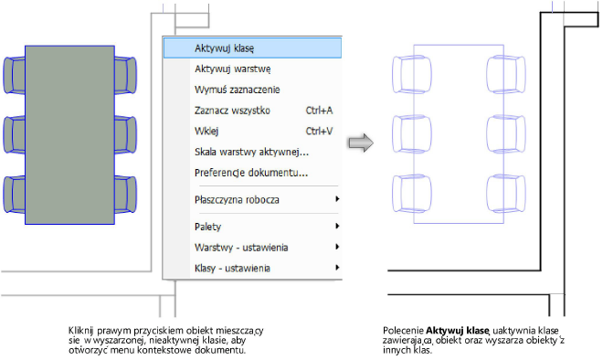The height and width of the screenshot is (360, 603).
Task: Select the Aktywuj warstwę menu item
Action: click(x=232, y=69)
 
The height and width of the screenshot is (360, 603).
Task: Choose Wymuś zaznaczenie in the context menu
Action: click(x=237, y=90)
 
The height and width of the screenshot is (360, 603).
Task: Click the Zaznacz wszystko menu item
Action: click(x=233, y=111)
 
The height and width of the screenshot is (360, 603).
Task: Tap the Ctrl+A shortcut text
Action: click(x=318, y=111)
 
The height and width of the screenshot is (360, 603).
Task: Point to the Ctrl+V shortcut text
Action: click(x=318, y=132)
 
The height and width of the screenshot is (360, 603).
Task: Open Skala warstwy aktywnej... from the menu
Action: click(x=251, y=152)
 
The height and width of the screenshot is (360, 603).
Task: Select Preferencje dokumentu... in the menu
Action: click(x=251, y=173)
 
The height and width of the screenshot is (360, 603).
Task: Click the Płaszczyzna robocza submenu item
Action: click(x=237, y=199)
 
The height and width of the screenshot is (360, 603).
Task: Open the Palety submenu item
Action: click(x=207, y=226)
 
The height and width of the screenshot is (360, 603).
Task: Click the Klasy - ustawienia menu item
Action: click(x=231, y=268)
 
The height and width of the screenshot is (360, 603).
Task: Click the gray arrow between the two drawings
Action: click(x=363, y=142)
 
